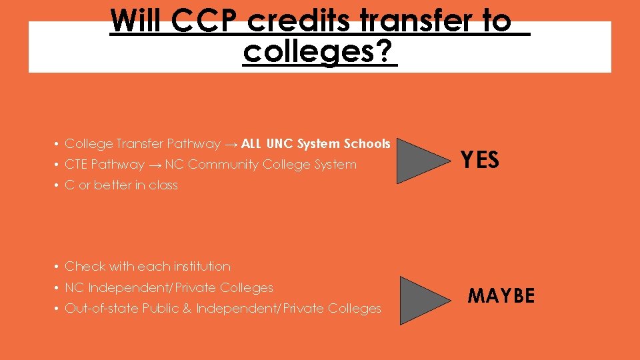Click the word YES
480,160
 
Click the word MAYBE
501,295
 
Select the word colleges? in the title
319,52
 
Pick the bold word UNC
280,143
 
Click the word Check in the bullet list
85,267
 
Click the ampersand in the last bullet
186,309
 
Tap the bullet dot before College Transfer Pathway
58,144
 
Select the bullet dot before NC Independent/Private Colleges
58,288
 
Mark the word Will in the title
137,21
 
